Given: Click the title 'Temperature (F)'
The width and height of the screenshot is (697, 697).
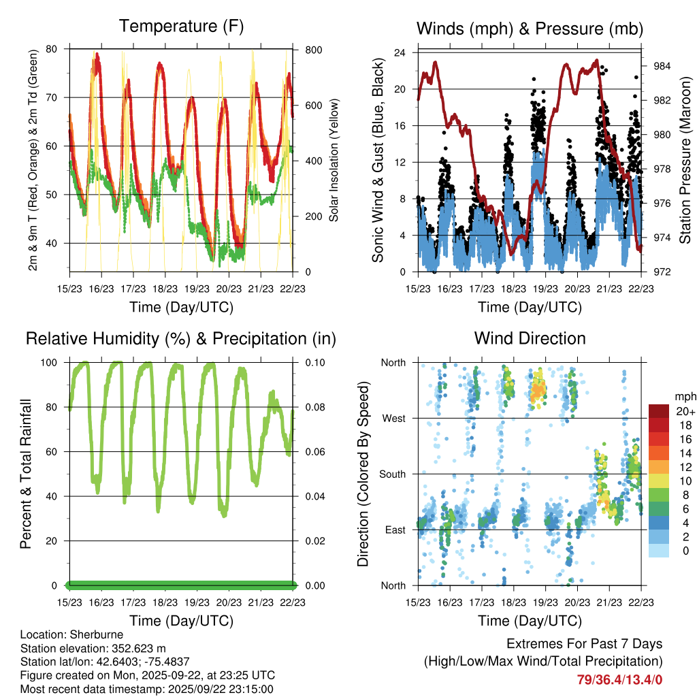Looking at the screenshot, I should click(x=180, y=27).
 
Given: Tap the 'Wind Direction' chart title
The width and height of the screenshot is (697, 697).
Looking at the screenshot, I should click(x=530, y=338).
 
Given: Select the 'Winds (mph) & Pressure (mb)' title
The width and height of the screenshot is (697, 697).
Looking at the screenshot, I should click(x=530, y=29).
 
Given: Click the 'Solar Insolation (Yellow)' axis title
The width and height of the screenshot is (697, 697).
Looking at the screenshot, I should click(x=334, y=161).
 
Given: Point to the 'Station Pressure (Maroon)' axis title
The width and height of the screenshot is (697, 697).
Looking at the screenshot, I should click(x=685, y=161).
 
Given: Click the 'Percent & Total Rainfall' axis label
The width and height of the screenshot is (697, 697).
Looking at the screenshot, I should click(x=26, y=474).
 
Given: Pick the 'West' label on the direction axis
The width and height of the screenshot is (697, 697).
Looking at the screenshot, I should click(x=393, y=418).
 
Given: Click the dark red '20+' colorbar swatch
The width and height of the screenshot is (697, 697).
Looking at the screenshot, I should click(x=660, y=411).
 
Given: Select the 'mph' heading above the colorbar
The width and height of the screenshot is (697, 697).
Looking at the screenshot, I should click(x=684, y=396).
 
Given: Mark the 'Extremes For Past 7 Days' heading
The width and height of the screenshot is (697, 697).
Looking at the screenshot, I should click(x=584, y=644).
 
